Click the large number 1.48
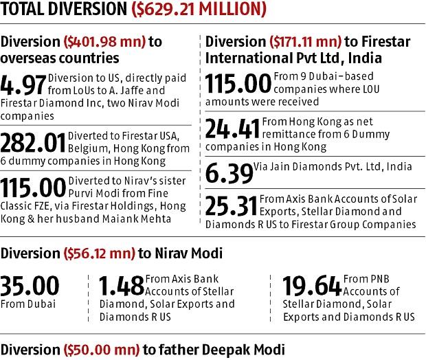coord(122,284)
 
